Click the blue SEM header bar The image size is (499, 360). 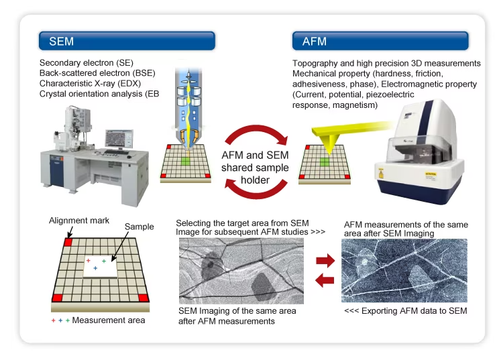(x=127, y=41)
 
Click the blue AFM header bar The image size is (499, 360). (x=380, y=41)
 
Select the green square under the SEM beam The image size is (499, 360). (x=186, y=161)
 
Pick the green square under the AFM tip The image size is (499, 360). (x=325, y=162)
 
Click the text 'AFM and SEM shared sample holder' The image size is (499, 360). (x=255, y=168)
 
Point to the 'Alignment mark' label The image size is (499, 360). (x=79, y=221)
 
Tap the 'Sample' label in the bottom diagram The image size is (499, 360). (x=139, y=227)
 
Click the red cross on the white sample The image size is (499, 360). (x=89, y=261)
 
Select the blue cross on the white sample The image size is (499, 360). (x=95, y=268)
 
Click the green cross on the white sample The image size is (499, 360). (x=104, y=261)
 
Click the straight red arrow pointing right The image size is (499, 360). (x=325, y=261)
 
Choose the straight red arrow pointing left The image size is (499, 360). (x=325, y=280)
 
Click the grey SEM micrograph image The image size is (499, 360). (x=241, y=271)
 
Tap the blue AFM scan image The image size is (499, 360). (x=404, y=271)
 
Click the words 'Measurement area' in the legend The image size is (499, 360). (x=109, y=320)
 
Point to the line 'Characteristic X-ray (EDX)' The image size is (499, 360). (x=90, y=83)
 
